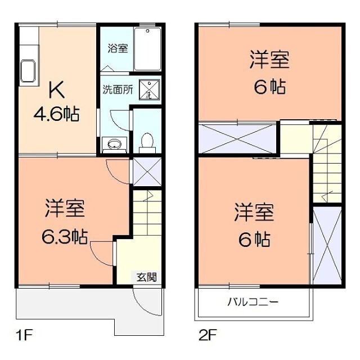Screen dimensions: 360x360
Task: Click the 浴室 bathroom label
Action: [x=118, y=48]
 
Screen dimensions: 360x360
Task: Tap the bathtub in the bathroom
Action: [x=148, y=49]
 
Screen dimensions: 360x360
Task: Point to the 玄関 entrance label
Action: [x=147, y=276]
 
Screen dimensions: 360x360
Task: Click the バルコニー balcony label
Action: [x=253, y=302]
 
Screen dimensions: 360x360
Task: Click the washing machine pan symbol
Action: [x=149, y=89]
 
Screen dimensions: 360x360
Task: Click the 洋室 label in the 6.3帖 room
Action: [x=65, y=209]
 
